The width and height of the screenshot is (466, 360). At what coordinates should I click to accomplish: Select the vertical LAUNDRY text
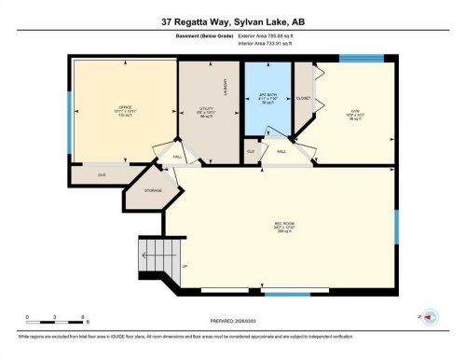coord(226,88)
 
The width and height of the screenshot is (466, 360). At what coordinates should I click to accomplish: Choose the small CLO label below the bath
coord(251,150)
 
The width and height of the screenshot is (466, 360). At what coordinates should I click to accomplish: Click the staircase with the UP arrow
coord(151,254)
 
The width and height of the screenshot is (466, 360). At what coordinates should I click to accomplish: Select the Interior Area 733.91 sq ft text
coord(267,43)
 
